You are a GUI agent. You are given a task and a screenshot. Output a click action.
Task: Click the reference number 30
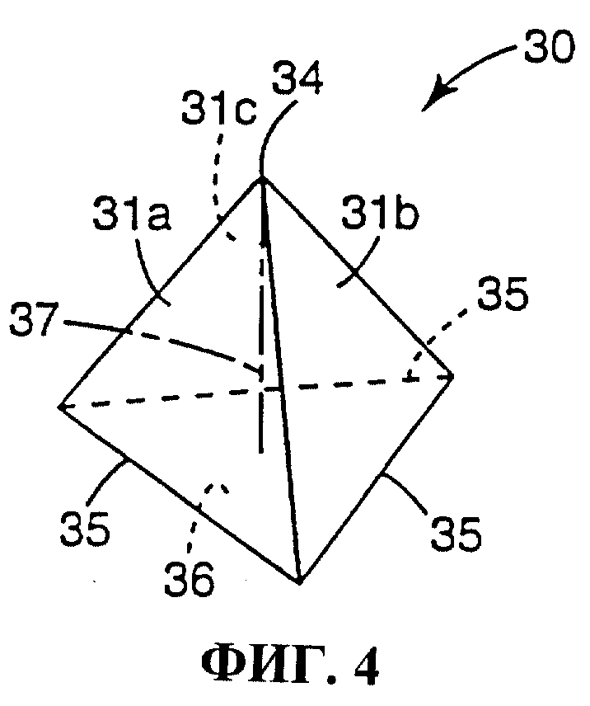coord(550,48)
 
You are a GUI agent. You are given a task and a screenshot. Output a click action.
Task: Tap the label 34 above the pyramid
coord(298,78)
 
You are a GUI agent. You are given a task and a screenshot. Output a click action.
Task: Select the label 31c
coord(219,110)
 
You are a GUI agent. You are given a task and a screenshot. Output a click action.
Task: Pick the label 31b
coord(380,213)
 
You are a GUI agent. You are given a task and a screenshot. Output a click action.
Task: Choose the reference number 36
coord(190,579)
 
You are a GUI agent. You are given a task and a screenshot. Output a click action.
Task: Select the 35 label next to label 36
coord(85,529)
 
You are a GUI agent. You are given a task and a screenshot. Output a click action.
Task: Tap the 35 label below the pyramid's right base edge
coord(456,534)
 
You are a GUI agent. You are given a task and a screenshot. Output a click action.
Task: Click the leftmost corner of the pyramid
coord(59,407)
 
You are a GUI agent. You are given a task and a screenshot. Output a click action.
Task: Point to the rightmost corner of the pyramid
coord(452,375)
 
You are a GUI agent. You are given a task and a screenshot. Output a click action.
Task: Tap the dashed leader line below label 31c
coord(220,180)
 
